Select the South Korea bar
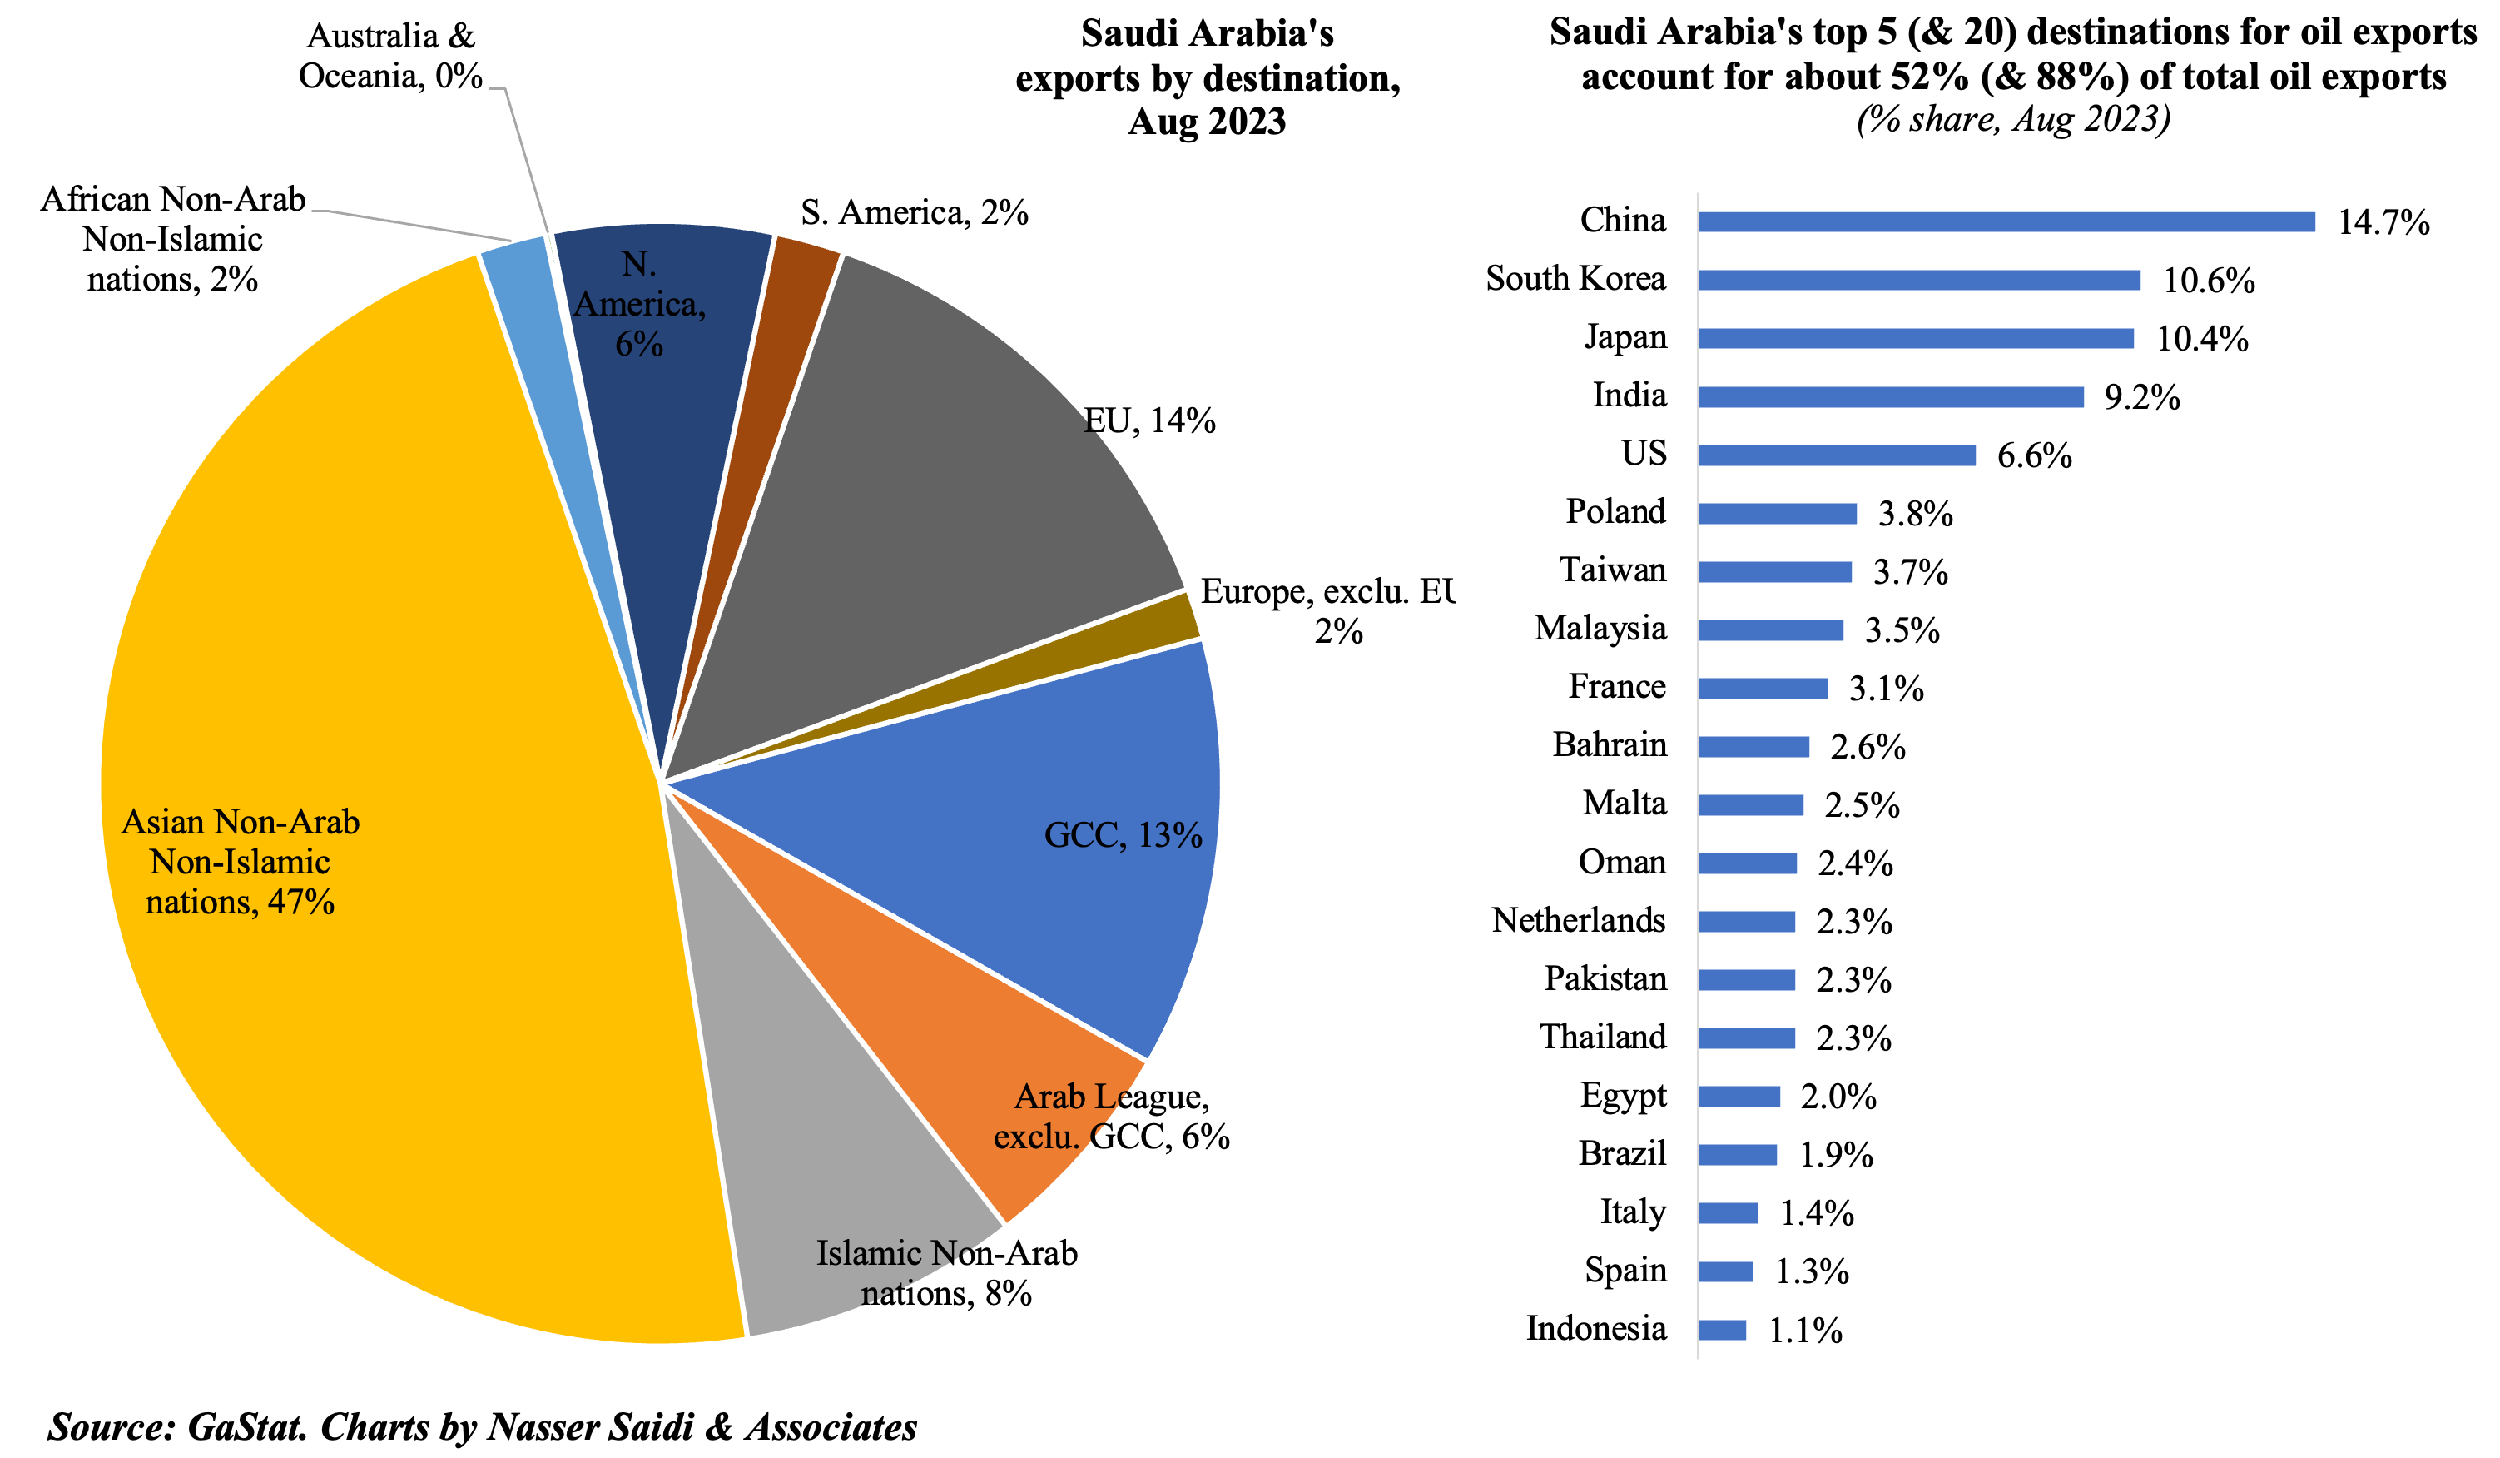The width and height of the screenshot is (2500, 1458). [x=1917, y=280]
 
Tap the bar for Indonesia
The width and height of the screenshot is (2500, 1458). [x=1721, y=1330]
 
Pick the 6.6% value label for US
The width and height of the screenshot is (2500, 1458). [x=2034, y=455]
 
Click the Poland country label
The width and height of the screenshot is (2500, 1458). [x=1615, y=512]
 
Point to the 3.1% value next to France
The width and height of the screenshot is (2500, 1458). [x=1885, y=689]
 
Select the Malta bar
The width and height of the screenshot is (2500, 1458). [x=1750, y=805]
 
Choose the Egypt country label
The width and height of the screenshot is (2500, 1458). [x=1622, y=1096]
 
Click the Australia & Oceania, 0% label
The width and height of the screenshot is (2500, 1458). [x=391, y=56]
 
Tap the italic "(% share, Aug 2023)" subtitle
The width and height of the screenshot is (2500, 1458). [x=2013, y=119]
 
